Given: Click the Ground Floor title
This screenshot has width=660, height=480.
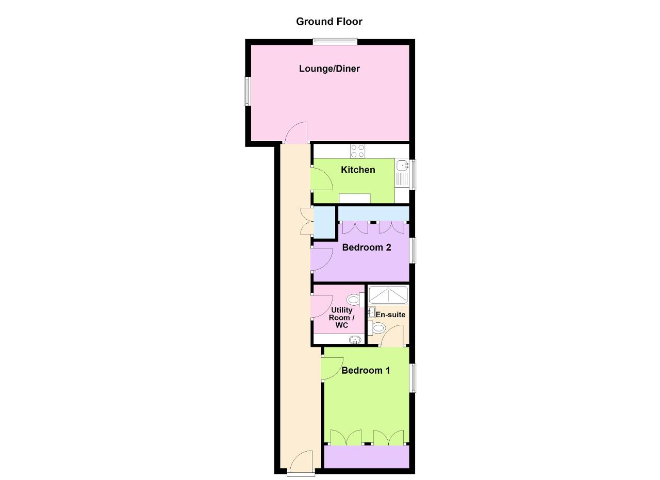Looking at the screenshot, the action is [329, 22].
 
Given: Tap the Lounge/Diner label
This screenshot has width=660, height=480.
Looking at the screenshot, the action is [329, 69].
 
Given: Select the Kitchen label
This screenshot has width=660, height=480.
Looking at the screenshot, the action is [358, 170].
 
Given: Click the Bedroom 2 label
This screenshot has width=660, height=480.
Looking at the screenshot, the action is [367, 247].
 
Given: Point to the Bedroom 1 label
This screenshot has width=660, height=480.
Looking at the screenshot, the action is [366, 370].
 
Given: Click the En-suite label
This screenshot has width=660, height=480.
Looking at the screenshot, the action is [390, 315].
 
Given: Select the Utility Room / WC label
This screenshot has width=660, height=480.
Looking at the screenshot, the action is [341, 318].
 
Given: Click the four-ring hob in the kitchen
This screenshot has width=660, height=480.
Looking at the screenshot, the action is [357, 151].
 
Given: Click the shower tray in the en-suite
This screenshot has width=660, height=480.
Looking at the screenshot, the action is [388, 295].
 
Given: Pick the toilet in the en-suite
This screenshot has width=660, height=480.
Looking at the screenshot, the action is [377, 328].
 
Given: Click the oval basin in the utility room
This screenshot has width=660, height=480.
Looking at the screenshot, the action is [355, 340].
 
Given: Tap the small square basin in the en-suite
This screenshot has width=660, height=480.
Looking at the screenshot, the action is [371, 312].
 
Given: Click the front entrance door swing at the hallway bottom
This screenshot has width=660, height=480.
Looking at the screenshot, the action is [301, 460].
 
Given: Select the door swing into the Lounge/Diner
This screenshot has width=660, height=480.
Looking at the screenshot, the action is [296, 133].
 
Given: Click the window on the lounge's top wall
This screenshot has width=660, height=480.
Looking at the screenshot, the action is [335, 42].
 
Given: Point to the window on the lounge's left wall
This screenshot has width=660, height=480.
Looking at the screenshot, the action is [247, 91].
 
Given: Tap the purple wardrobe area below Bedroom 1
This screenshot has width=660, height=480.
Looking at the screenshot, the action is [367, 456].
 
